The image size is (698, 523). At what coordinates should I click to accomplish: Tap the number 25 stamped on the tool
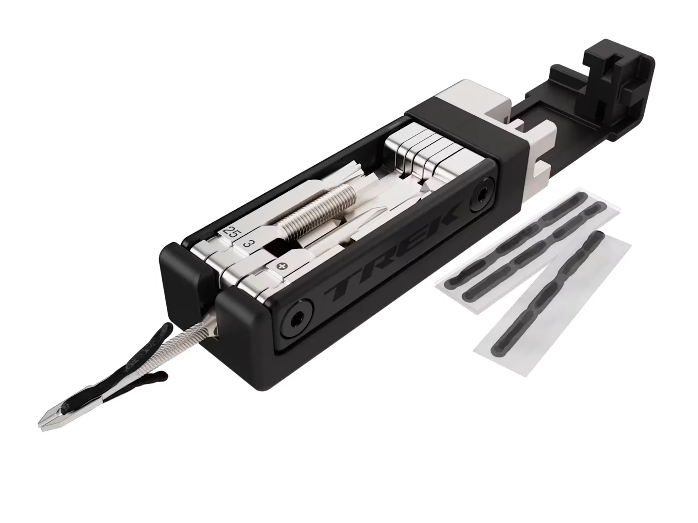point(230,231)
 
